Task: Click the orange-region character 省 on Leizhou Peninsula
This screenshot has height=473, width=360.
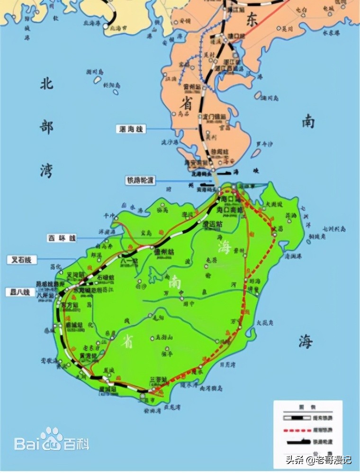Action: (x=185, y=101)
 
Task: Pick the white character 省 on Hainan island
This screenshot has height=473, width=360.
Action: (x=127, y=341)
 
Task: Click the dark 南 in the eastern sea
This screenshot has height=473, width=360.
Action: (x=308, y=122)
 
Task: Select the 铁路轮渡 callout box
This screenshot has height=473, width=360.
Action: (x=140, y=181)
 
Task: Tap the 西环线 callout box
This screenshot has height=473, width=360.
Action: (x=61, y=238)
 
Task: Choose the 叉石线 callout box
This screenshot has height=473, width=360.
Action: (x=21, y=260)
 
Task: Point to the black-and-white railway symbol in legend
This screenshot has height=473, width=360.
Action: (x=295, y=418)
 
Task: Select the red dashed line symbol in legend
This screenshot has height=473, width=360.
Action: (x=295, y=430)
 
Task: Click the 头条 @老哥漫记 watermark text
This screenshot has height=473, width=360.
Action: (x=318, y=459)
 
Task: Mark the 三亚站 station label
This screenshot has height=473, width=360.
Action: (x=158, y=380)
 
